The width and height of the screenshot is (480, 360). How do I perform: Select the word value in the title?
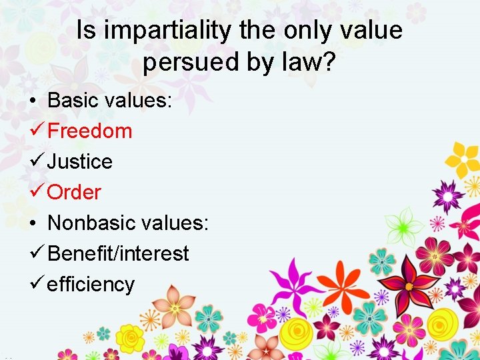(371, 31)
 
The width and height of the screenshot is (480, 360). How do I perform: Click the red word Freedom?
(90, 131)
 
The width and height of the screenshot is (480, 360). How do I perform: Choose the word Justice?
(79, 161)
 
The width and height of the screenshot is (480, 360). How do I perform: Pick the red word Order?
(74, 192)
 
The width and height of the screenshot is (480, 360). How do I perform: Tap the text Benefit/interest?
(118, 253)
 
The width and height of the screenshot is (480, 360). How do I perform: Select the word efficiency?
(91, 284)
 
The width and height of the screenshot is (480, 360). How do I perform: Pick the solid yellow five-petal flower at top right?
(463, 159)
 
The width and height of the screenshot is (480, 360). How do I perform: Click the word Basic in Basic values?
(73, 100)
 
